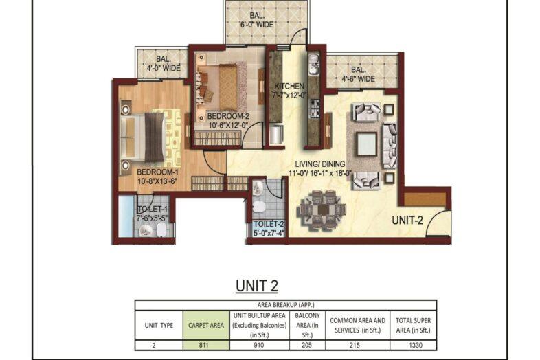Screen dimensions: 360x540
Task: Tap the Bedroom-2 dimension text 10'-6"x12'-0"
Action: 230,125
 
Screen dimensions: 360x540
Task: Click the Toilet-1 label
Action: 151,209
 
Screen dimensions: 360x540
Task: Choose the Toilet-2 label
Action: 268,225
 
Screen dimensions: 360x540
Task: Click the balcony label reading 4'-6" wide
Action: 357,78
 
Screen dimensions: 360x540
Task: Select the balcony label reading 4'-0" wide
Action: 163,68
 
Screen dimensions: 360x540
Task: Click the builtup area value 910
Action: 259,344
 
